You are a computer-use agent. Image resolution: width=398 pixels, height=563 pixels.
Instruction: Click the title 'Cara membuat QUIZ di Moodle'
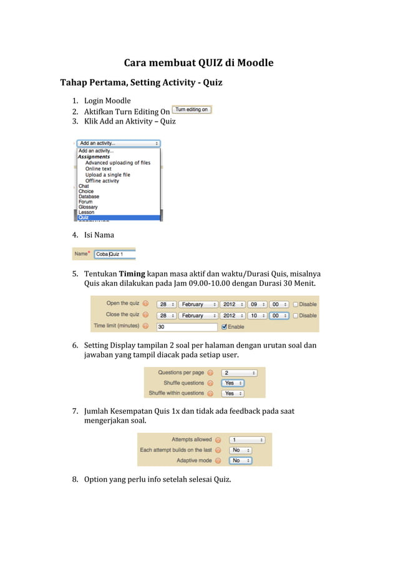tap(198, 63)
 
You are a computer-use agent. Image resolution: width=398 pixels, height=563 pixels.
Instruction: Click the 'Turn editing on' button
tap(192, 110)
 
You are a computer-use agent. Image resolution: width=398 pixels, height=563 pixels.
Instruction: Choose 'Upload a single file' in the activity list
tap(107, 175)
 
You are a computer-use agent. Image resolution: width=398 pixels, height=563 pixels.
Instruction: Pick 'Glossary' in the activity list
tap(88, 207)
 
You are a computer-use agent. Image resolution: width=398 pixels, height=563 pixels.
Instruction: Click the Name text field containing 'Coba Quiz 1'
tap(115, 254)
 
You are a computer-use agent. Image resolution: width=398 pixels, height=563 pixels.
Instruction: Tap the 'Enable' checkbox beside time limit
tap(225, 326)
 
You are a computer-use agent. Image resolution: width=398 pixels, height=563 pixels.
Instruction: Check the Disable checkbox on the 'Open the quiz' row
tap(296, 304)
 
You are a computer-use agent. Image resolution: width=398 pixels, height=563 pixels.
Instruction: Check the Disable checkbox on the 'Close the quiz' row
tap(296, 315)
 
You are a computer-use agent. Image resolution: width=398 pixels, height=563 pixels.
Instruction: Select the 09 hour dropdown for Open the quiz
tap(256, 304)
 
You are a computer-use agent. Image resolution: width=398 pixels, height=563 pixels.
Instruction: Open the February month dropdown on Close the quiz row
tap(198, 315)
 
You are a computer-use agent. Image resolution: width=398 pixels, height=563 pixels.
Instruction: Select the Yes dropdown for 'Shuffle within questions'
tap(233, 393)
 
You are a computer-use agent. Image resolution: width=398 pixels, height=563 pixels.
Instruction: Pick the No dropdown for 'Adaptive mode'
tap(240, 461)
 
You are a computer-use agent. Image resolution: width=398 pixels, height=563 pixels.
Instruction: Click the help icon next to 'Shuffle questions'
tap(210, 383)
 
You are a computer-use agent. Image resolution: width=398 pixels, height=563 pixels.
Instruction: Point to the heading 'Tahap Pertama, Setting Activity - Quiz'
tap(141, 82)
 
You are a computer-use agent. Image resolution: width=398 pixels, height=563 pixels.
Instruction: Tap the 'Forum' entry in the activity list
tap(86, 202)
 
